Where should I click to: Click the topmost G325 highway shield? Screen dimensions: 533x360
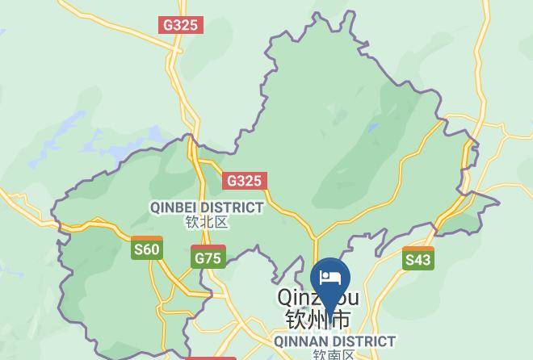pos(180,25)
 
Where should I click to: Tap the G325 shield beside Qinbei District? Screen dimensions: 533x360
pos(245,181)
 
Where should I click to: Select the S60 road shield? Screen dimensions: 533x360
pos(146,249)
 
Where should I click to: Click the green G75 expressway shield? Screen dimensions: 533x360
pos(208,257)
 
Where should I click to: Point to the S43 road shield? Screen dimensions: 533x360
pos(418,258)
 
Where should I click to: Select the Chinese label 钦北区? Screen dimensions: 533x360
pos(206,222)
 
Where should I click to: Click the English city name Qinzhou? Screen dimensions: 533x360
pos(317,298)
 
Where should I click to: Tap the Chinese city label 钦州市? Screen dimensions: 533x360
pos(317,320)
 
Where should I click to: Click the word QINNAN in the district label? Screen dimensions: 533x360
pos(301,342)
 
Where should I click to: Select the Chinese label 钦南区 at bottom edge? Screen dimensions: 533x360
pos(334,355)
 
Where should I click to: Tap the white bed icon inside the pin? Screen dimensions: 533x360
pos(330,278)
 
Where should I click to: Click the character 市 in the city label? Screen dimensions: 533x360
pos(342,320)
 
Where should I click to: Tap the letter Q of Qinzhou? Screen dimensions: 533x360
pos(287,298)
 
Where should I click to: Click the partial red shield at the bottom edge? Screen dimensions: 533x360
pos(211,358)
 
